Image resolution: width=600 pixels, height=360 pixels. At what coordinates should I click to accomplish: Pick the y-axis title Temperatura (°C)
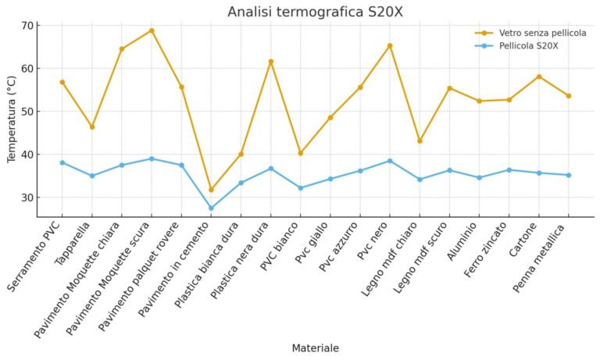tap(12, 119)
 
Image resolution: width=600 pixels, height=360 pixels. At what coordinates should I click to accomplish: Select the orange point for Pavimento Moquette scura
tap(152, 30)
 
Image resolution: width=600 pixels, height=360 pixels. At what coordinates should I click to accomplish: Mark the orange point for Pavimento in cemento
tap(211, 190)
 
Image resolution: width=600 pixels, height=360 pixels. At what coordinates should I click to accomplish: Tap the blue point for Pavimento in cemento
tap(211, 209)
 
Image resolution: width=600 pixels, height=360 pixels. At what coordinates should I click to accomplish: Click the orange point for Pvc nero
tap(390, 45)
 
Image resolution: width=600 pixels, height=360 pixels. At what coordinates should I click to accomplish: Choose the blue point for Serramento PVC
tap(62, 162)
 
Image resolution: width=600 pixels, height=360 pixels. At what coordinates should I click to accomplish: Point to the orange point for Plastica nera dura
tap(270, 62)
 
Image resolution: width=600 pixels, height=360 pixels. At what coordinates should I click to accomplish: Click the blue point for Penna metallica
tap(569, 175)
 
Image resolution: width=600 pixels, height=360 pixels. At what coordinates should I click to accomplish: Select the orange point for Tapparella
tap(92, 127)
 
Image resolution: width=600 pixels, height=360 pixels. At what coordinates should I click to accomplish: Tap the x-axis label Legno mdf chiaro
tap(398, 261)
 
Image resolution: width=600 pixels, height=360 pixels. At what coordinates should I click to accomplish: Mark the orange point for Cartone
tap(539, 77)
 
